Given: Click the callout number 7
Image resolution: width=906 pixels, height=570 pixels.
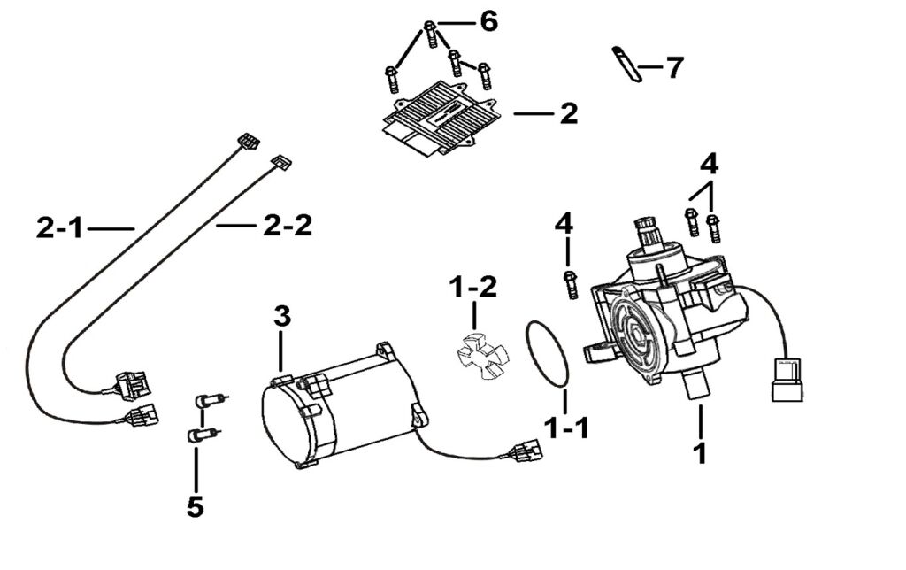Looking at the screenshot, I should pos(674,67).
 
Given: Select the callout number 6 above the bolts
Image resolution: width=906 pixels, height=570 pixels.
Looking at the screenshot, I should pos(488,21).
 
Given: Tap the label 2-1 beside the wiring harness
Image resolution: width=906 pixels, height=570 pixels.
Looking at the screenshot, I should pos(60,229).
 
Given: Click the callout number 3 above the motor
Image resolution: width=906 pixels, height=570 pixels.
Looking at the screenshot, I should pos(280,316).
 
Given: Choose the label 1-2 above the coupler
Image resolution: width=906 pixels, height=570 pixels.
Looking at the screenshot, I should pos(473,288).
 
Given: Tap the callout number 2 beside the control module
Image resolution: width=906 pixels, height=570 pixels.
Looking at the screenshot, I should pos(567,114).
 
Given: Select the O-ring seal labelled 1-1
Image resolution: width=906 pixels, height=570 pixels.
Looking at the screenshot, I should pos(549,354).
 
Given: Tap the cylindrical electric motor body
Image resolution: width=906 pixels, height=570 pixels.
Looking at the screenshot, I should pos(341,412).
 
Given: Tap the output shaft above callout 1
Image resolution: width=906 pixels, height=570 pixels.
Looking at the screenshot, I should pos(698,386).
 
